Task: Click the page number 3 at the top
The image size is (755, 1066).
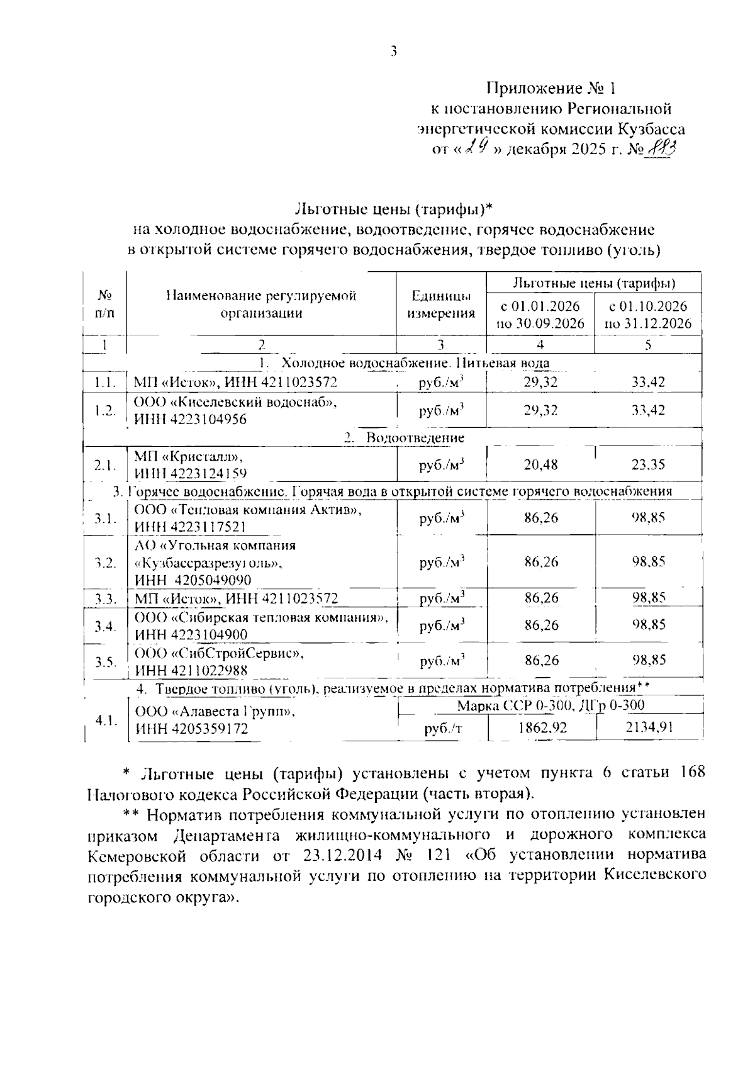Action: (x=393, y=52)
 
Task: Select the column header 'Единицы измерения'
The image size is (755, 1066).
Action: (x=440, y=305)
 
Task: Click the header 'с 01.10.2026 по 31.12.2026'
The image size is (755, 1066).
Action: (x=648, y=315)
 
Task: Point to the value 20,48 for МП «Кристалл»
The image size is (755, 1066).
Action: (x=540, y=465)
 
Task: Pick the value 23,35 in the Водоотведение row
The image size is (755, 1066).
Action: (x=648, y=465)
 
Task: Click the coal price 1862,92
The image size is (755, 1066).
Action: (x=541, y=728)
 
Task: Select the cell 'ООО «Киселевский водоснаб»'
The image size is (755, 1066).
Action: (x=236, y=403)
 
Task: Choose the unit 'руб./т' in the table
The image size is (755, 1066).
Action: (x=442, y=729)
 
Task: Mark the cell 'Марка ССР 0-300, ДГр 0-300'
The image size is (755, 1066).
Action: (x=551, y=705)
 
